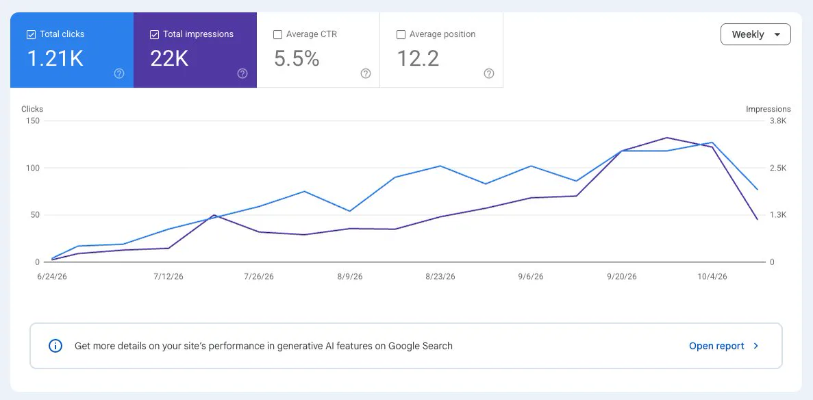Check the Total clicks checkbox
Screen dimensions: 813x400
coord(31,35)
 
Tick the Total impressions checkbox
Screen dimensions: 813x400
coord(154,35)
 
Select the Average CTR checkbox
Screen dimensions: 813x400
coord(277,35)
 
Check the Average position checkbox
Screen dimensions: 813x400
coord(401,35)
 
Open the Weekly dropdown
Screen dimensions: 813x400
coord(755,34)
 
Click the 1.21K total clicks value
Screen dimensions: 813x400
coord(55,59)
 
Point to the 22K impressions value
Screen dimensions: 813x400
coord(169,59)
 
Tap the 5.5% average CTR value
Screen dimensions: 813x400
coord(297,59)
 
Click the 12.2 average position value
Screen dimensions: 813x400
coord(418,59)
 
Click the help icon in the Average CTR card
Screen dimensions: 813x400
coord(366,74)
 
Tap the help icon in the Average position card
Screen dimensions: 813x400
coord(489,74)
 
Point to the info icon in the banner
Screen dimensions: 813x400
coord(55,346)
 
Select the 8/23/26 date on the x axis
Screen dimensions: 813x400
coord(440,277)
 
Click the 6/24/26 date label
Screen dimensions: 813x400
coord(52,277)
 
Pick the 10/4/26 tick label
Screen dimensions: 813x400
coord(712,277)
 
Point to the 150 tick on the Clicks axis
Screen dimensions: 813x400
coord(33,121)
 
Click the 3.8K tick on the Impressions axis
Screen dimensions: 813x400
coord(778,121)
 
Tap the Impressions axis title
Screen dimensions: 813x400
coord(768,109)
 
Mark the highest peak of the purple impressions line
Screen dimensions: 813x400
coord(666,138)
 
